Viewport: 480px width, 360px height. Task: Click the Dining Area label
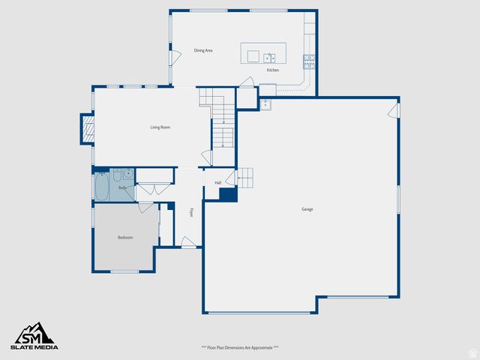203,50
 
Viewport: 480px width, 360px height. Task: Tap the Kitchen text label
273,70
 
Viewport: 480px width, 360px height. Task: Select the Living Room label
160,127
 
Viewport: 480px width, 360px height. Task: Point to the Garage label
307,209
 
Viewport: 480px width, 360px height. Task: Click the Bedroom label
125,238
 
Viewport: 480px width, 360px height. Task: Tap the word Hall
217,182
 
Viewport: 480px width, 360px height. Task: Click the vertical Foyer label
192,213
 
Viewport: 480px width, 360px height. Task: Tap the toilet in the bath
116,175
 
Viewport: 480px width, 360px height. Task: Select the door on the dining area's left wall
175,57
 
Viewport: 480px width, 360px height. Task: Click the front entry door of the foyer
189,241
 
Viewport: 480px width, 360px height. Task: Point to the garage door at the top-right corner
393,111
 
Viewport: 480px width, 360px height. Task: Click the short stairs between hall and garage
246,178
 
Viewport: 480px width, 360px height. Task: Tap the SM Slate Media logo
34,336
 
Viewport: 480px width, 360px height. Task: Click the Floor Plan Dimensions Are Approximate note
240,347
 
